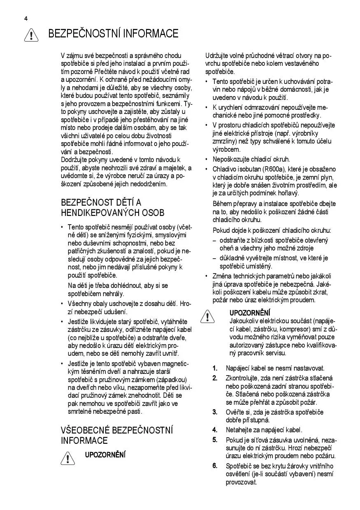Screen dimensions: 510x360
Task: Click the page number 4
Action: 26,19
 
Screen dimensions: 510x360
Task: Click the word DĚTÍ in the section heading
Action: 122,202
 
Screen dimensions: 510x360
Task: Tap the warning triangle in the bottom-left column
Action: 67,458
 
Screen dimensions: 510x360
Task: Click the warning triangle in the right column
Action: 209,316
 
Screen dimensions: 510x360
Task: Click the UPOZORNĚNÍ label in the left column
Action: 105,454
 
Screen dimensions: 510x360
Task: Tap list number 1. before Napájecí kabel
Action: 215,368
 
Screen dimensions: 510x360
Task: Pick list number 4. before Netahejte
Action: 215,430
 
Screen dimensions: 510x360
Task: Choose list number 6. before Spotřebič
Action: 215,466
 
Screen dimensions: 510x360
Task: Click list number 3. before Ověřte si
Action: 215,412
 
